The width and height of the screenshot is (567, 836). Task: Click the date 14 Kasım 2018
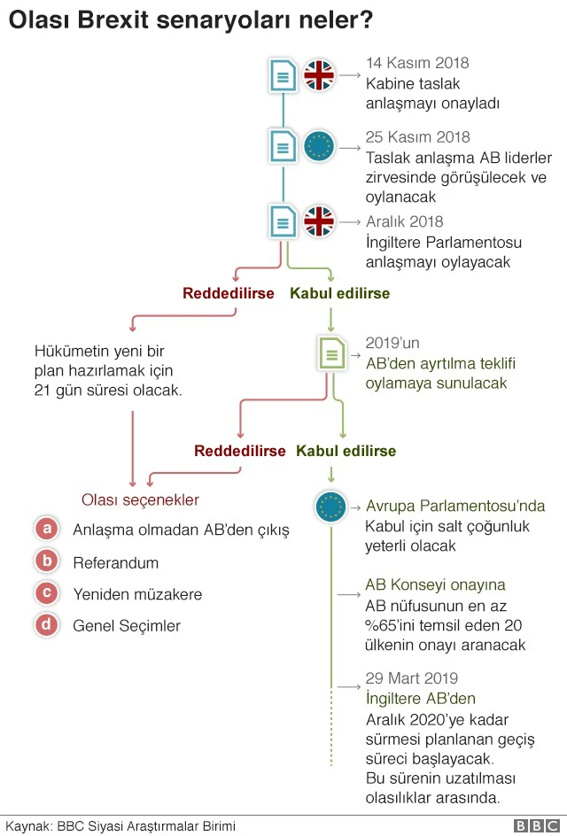(417, 63)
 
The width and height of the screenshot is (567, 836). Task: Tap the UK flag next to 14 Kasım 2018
(319, 75)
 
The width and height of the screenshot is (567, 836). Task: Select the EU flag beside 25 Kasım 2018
(319, 146)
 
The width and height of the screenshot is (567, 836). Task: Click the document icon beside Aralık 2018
(283, 220)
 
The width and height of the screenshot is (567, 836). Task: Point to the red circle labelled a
(47, 530)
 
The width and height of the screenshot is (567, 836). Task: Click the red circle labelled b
(47, 561)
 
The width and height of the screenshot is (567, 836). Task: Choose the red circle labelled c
(47, 593)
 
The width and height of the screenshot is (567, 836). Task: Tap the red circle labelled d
(47, 625)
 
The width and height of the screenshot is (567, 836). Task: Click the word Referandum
(116, 562)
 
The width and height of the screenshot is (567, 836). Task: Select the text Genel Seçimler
(127, 626)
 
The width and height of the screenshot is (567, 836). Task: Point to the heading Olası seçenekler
(140, 499)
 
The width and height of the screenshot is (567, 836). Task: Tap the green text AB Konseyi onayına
(435, 584)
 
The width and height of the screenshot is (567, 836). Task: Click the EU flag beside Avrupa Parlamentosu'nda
(330, 507)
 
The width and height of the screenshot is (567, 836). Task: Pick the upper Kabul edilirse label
(339, 292)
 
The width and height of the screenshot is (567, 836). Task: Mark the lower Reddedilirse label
(240, 451)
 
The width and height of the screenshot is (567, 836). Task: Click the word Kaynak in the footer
(26, 826)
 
